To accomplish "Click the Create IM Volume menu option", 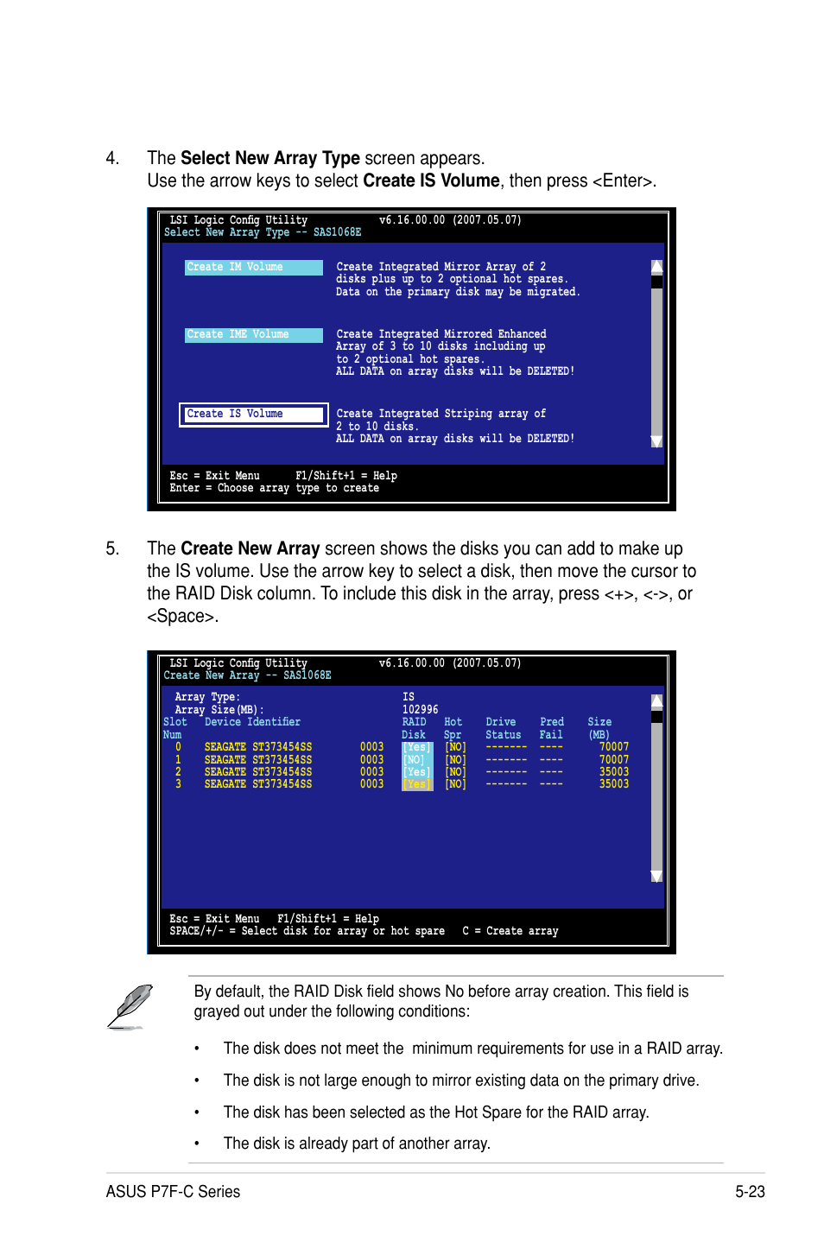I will pos(252,268).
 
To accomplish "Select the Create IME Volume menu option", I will pos(252,335).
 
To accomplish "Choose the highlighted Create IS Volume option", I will pos(252,415).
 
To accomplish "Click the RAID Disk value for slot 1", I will pos(416,760).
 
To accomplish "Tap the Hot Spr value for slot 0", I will pos(455,747).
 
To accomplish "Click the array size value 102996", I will pos(420,710).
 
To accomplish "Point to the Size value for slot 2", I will pos(613,772).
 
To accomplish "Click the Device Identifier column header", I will pos(252,722).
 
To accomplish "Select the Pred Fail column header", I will pos(551,728).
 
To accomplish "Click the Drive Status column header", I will pos(502,728).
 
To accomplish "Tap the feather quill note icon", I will pos(131,1006).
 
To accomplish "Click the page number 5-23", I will pos(750,1192).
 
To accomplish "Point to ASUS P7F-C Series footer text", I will pos(173,1192).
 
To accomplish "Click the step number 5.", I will pos(111,549).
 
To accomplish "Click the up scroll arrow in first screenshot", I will pos(656,267).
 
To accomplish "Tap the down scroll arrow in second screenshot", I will pos(656,877).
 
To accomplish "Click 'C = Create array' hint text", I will pos(510,931).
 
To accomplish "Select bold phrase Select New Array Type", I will pos(269,158).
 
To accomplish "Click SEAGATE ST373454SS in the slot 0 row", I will pos(257,747).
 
